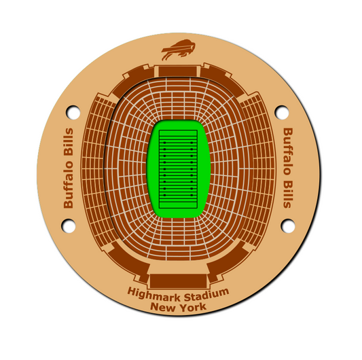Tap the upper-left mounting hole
(x=73, y=113)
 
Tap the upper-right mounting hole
(x=282, y=113)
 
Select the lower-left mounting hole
(x=69, y=226)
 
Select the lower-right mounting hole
(x=288, y=226)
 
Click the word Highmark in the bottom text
(x=154, y=294)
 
